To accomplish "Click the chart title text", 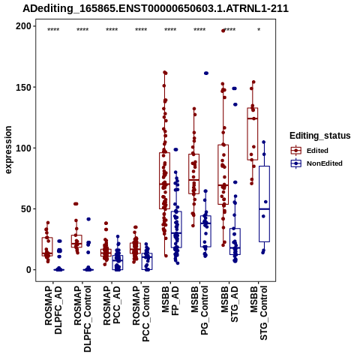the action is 155,8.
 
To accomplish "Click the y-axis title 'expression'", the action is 8,150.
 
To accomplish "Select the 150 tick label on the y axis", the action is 23,87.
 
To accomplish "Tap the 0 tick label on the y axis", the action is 28,270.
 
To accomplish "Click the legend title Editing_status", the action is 319,136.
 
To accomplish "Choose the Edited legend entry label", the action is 317,151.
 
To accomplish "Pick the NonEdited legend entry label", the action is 325,163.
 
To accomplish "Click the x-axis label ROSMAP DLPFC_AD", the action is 53,310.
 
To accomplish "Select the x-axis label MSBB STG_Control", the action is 259,313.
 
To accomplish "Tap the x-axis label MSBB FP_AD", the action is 170,301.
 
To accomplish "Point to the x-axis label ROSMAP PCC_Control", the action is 141,314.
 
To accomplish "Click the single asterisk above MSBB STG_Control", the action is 259,30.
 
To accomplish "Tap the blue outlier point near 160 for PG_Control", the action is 206,73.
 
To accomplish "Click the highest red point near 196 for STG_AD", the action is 223,31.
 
